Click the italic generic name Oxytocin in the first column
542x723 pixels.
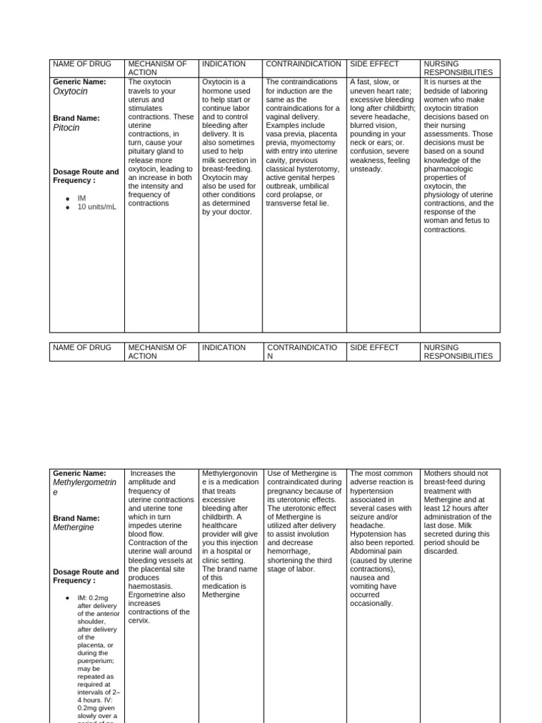[71, 91]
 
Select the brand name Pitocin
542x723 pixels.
[66, 128]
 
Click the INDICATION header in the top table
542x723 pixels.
[224, 64]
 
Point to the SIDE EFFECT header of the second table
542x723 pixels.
[374, 347]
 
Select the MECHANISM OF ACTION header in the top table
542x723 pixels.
[157, 68]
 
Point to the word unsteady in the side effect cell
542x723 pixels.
[366, 169]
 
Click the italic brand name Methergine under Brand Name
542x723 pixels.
[73, 527]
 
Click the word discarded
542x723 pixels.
[441, 551]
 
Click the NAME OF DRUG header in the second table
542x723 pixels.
[81, 347]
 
